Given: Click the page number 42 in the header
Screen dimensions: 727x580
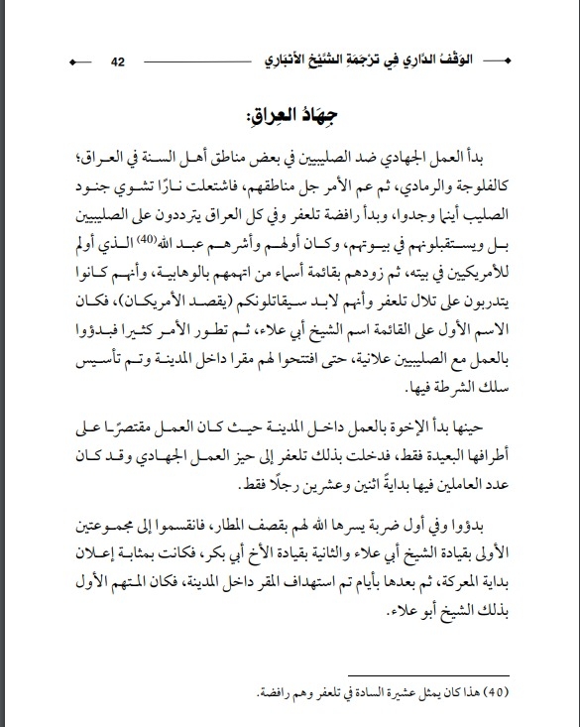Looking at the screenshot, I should (117, 62).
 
